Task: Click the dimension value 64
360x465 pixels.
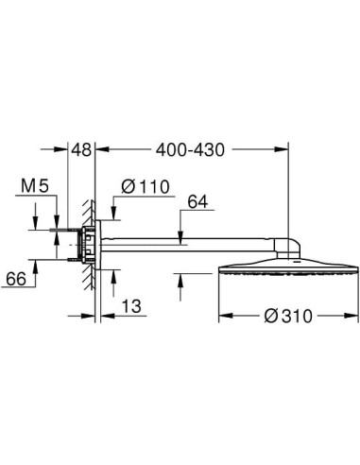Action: (x=197, y=201)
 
